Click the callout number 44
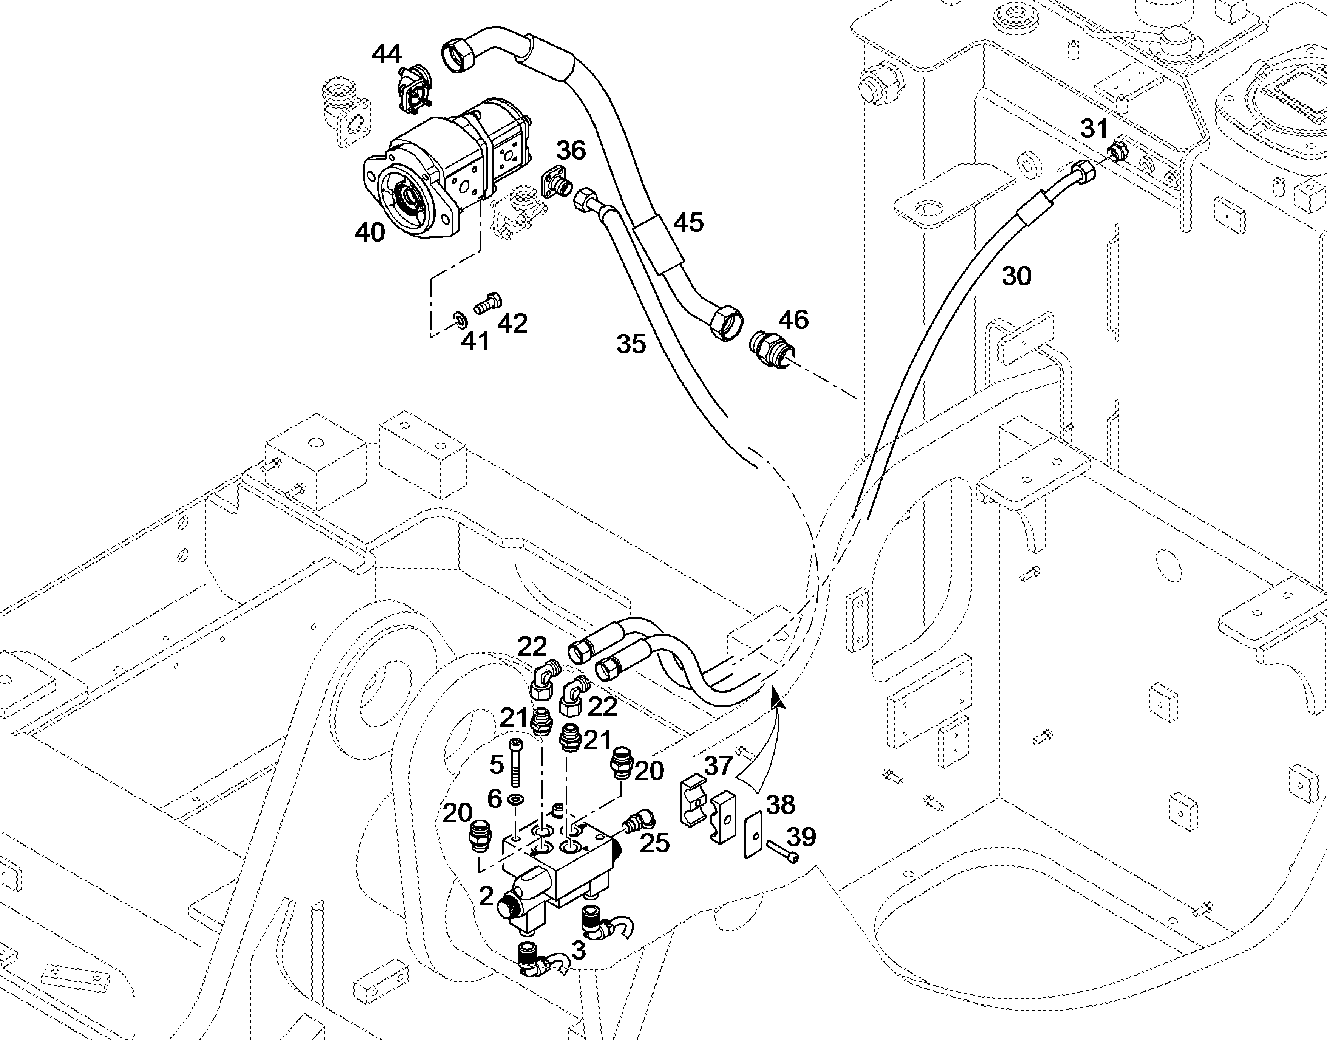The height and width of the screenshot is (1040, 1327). coord(387,54)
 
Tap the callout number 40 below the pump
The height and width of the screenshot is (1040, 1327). coord(370,233)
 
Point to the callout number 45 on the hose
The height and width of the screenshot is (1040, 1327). coord(688,223)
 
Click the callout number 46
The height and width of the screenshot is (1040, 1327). coord(793,320)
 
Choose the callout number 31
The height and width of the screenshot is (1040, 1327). coord(1095,129)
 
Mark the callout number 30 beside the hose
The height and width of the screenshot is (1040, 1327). coord(1017,276)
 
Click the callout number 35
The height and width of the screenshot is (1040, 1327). coord(631,344)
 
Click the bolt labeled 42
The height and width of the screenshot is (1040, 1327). coord(487,302)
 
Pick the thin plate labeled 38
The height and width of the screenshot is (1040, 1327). coord(753,834)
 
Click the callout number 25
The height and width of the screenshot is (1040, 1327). coord(655,843)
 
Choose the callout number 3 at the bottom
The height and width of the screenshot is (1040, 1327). coord(579,950)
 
